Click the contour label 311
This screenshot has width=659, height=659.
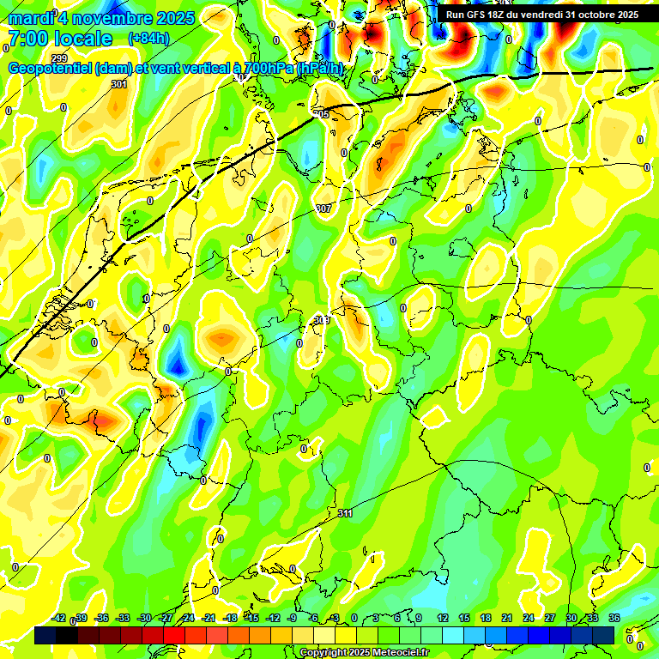point(345,513)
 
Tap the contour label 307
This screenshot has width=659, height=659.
point(323,209)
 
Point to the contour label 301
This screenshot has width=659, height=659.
point(119,84)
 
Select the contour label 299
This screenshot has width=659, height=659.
point(58,58)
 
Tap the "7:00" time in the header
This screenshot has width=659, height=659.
point(29,39)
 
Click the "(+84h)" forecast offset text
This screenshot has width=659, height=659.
point(148,39)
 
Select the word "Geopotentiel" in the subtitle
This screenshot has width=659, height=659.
point(51,69)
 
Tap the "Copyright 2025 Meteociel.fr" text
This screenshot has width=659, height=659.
point(364,652)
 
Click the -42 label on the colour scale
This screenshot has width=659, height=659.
point(58,618)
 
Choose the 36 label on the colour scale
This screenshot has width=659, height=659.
point(614,618)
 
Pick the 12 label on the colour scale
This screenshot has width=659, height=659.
point(443,618)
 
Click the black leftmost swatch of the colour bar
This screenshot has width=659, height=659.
point(45,635)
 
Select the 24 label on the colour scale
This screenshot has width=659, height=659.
point(529,618)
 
